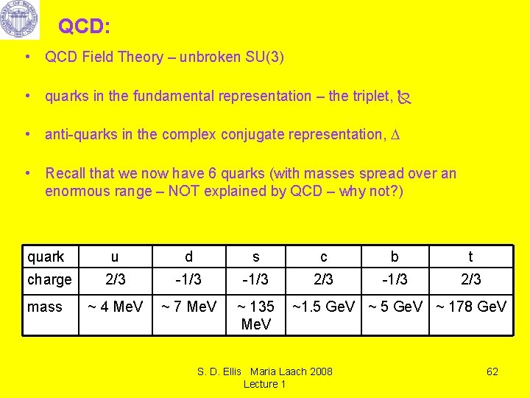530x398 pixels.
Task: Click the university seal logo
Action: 20,20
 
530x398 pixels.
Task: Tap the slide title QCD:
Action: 84,27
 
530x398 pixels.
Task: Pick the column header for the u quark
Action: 114,256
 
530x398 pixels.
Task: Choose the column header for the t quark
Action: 470,256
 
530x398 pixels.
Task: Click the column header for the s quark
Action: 255,256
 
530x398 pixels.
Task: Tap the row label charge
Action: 49,279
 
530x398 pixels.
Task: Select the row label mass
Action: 44,307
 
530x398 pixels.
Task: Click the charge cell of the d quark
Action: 188,279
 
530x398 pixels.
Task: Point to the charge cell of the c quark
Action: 323,279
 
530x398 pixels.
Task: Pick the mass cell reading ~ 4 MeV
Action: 116,307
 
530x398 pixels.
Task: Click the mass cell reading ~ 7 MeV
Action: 189,307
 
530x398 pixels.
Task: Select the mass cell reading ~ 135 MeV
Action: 256,315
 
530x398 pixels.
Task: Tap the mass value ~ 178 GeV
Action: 471,307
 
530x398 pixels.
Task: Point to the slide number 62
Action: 492,371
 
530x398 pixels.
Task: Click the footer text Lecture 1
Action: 264,384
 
